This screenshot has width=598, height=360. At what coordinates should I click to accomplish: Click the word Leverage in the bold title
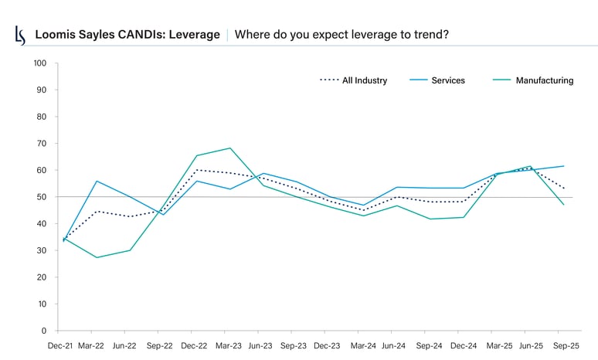point(192,35)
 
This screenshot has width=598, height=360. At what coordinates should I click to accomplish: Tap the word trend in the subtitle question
point(429,35)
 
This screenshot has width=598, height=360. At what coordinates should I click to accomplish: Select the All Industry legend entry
point(364,80)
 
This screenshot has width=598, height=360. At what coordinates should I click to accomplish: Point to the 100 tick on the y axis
point(40,63)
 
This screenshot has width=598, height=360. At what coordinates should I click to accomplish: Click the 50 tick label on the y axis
point(42,197)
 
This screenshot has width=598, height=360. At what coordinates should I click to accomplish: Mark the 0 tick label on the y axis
point(44,331)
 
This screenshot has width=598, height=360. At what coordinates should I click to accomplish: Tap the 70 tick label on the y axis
point(42,144)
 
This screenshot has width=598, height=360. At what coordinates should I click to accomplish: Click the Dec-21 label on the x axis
point(61,347)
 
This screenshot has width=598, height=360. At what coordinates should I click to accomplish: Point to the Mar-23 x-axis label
point(229,347)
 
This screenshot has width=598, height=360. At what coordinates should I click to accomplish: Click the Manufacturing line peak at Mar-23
point(229,148)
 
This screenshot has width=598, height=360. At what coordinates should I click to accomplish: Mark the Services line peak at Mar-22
point(97,181)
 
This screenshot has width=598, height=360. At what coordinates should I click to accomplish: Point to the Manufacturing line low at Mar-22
point(97,257)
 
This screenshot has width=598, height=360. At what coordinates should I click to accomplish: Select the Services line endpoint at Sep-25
point(563,166)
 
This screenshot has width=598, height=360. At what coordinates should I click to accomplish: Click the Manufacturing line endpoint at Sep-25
point(563,205)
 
